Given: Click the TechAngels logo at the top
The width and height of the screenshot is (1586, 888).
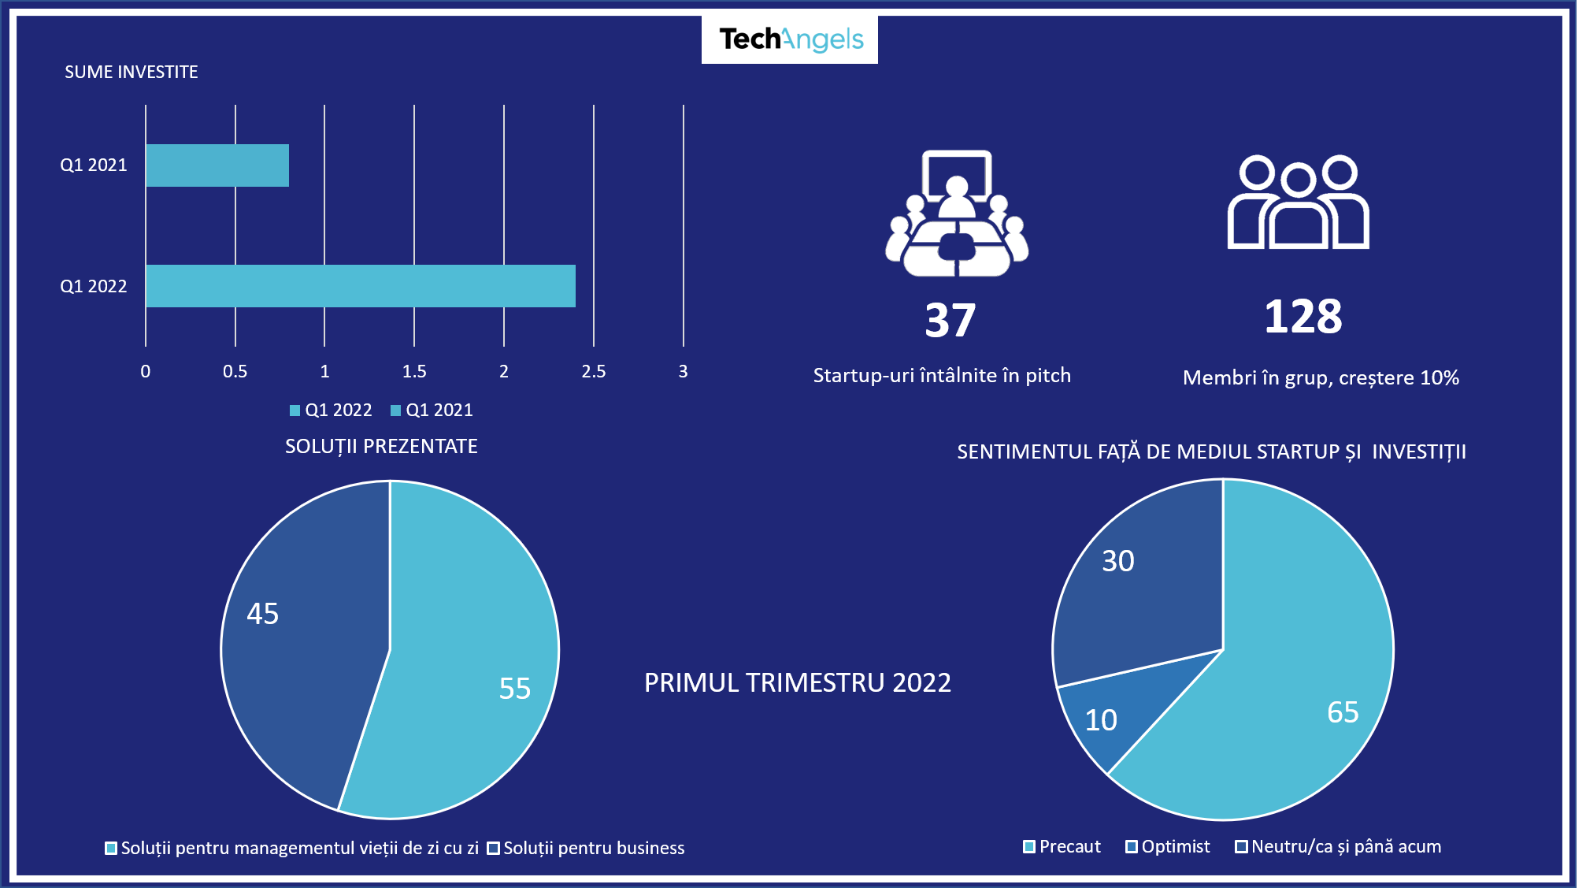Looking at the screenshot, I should click(x=790, y=39).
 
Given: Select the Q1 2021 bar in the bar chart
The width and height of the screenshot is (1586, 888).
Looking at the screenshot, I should click(x=217, y=165).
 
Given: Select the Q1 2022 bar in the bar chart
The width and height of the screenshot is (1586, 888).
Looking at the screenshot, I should click(x=361, y=286).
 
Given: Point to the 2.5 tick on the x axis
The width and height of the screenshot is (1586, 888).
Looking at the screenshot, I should click(x=594, y=371).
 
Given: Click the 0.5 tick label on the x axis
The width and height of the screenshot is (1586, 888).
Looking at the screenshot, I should click(x=235, y=371).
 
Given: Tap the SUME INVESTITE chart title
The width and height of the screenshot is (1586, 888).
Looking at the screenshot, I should click(x=132, y=72).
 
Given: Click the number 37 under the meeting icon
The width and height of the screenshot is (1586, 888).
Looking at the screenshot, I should click(x=950, y=321).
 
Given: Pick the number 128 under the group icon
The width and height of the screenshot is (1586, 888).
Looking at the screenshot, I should click(x=1303, y=317).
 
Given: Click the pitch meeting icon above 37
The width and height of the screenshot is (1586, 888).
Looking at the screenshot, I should click(x=957, y=214).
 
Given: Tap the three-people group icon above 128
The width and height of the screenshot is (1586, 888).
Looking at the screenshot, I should click(x=1298, y=202).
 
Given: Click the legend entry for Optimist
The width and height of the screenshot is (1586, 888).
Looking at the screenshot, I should click(x=1168, y=847).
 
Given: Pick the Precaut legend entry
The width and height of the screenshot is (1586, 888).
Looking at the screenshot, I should click(x=1062, y=847).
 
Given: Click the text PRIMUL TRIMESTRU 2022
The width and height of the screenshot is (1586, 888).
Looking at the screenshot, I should click(x=798, y=682).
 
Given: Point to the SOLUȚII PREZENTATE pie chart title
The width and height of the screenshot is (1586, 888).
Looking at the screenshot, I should click(x=381, y=447).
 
